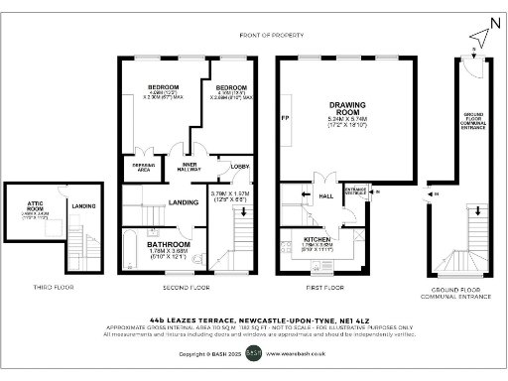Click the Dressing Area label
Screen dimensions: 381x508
point(136,167)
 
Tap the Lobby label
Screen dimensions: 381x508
point(238,166)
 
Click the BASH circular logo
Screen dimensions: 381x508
point(253,352)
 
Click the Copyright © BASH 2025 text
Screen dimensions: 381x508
point(209,352)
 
